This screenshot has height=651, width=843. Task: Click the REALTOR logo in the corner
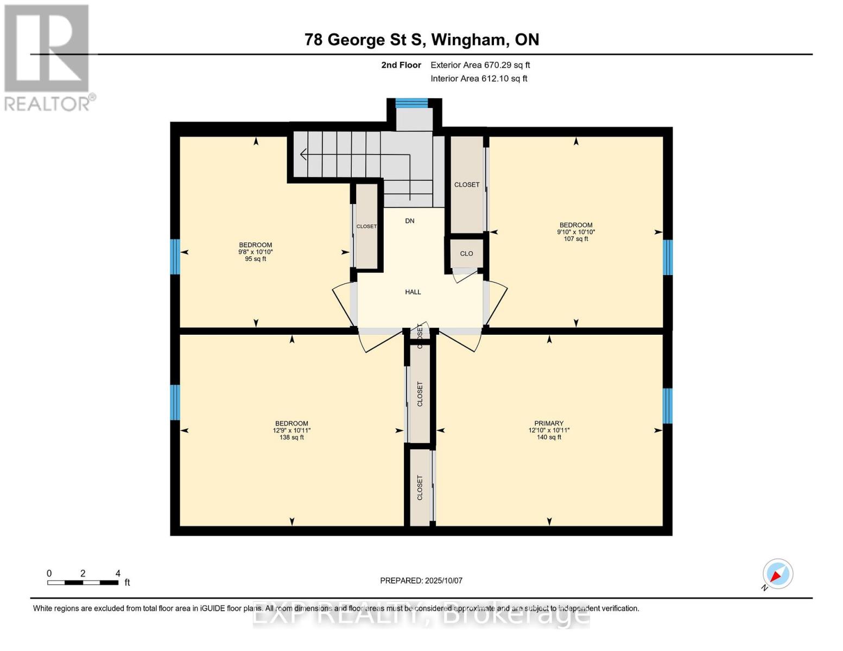(x=48, y=57)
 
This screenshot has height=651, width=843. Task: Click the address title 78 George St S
(x=421, y=40)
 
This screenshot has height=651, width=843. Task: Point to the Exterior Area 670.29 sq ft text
(x=480, y=65)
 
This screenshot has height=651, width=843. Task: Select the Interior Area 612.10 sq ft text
(x=479, y=79)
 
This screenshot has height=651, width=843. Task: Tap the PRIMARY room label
(x=549, y=423)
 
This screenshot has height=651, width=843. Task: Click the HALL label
(x=413, y=292)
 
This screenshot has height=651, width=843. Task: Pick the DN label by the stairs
(x=410, y=221)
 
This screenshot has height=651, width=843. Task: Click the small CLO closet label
(x=466, y=253)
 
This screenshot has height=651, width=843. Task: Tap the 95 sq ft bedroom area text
(x=256, y=259)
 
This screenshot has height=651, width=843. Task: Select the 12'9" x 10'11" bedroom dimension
(x=291, y=430)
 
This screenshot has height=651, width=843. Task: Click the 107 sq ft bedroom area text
(x=576, y=239)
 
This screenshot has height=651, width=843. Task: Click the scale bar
(x=83, y=583)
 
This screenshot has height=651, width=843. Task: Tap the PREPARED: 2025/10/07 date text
(x=421, y=580)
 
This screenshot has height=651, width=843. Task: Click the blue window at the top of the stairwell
(x=411, y=103)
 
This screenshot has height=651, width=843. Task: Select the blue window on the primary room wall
(x=668, y=406)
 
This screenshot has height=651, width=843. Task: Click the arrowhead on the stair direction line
(x=302, y=155)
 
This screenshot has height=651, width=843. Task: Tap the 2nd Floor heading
(x=401, y=65)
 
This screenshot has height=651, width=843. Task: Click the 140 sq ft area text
(x=549, y=437)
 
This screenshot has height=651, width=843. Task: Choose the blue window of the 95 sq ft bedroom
(x=175, y=257)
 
